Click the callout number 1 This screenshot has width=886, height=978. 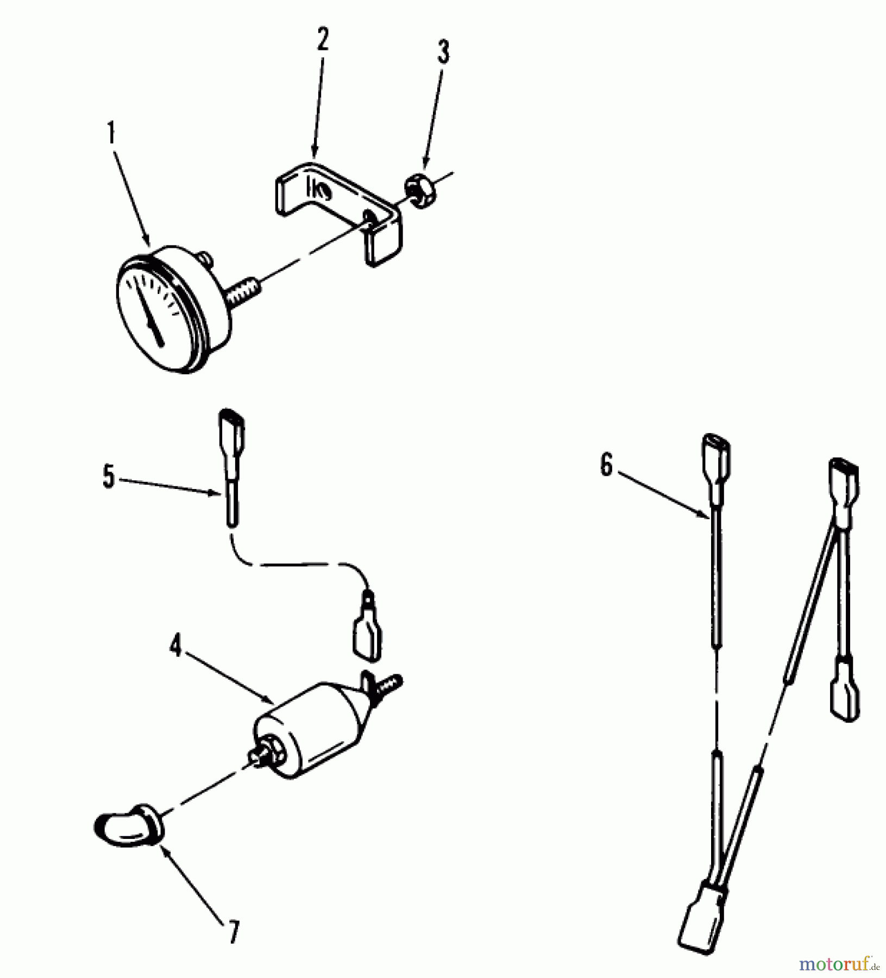(x=111, y=133)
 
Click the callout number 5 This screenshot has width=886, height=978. (x=109, y=478)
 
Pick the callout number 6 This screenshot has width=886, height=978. (x=606, y=466)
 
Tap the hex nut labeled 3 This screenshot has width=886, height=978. (x=417, y=193)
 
